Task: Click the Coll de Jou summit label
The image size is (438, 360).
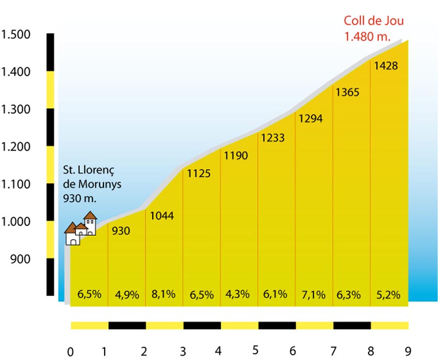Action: pos(374,28)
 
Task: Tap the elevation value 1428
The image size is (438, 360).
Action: pos(386,66)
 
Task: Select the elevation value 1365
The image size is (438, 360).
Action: pos(348,92)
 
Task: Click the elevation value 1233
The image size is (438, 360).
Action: pos(273,138)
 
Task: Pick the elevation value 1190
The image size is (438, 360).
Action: pos(236,156)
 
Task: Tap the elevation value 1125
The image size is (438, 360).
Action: pos(199,174)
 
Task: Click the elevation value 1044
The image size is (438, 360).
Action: pos(162,216)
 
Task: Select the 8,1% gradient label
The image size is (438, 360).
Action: pos(164,294)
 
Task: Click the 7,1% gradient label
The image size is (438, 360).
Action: pos(314,294)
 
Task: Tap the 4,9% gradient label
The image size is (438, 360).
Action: pos(128,294)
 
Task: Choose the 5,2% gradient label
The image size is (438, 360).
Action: pos(389,294)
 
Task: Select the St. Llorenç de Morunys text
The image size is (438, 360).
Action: pos(92,184)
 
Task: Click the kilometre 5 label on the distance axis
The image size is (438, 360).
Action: pos(256,350)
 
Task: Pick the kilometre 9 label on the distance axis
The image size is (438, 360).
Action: pos(407,351)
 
